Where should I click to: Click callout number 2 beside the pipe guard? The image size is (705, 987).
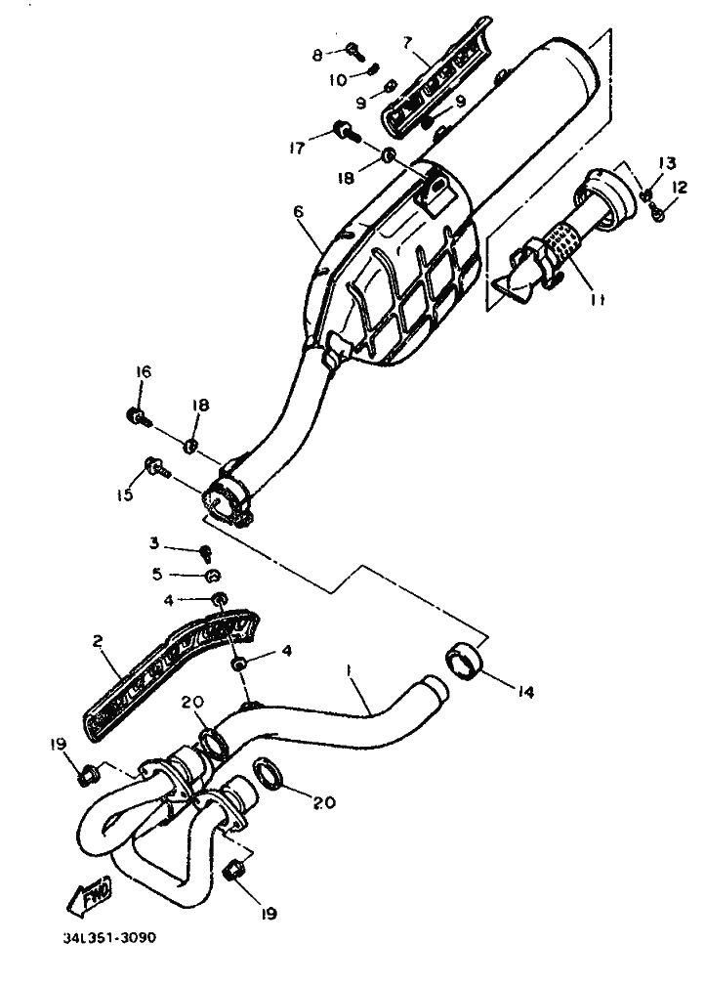pyautogui.click(x=99, y=643)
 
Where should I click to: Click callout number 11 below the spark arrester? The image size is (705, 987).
pyautogui.click(x=597, y=301)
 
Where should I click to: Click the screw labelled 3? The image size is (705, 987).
pyautogui.click(x=206, y=549)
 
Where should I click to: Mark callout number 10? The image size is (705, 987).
pyautogui.click(x=337, y=81)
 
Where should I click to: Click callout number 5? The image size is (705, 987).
pyautogui.click(x=155, y=575)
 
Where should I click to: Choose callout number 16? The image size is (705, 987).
pyautogui.click(x=143, y=371)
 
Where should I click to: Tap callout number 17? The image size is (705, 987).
pyautogui.click(x=297, y=149)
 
